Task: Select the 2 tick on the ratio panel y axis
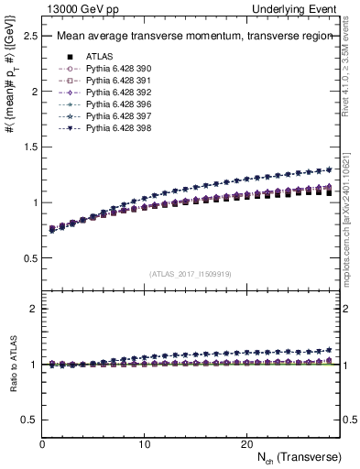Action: pyautogui.click(x=34, y=309)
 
